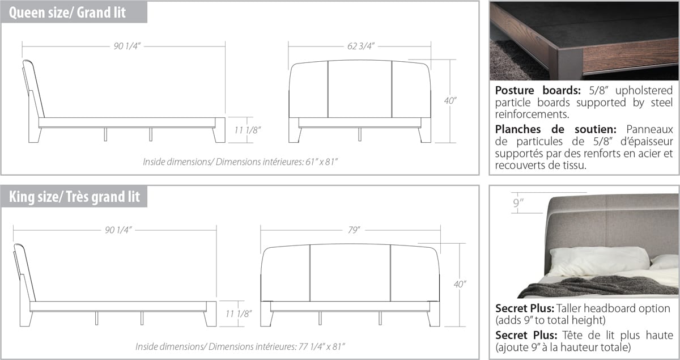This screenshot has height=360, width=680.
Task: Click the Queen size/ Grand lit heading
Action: [67, 12]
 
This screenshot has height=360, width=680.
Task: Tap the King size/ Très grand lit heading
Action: [74, 197]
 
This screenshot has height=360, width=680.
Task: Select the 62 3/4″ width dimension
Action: [360, 46]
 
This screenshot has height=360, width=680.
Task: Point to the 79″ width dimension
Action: [354, 230]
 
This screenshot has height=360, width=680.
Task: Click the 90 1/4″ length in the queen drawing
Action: [127, 46]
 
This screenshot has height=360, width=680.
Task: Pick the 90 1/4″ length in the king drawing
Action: [118, 230]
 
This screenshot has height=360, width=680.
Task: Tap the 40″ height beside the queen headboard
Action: [450, 100]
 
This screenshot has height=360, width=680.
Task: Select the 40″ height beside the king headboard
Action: [460, 285]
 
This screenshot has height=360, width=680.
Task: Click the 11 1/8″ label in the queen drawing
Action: [248, 130]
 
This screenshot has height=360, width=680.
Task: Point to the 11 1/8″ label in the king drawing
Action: [239, 314]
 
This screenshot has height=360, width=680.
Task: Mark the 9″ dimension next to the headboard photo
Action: [518, 202]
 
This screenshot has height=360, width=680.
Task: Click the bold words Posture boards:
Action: [538, 90]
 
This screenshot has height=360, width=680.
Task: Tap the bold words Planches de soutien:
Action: [555, 129]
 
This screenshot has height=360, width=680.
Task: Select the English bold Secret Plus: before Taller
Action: [525, 308]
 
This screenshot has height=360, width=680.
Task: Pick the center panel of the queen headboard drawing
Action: [360, 89]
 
